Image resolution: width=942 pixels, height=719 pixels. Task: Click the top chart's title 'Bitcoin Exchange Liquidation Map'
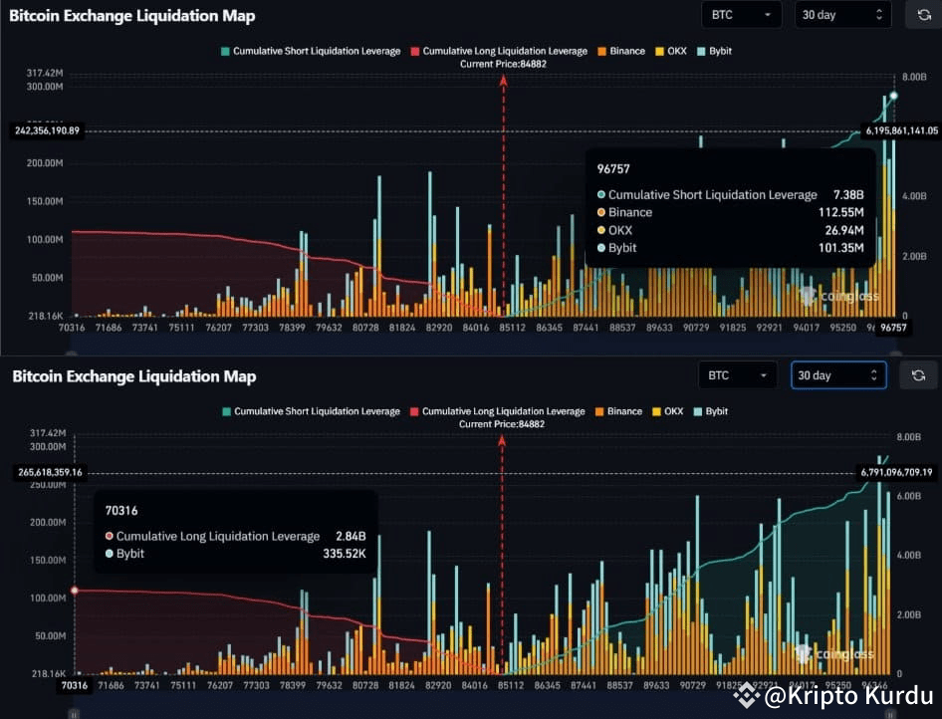[x=131, y=16]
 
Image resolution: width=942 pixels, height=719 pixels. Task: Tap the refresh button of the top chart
[x=919, y=15]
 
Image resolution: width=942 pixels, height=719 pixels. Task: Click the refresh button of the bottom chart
[x=918, y=375]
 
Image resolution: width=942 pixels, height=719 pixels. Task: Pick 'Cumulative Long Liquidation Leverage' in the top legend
[x=505, y=51]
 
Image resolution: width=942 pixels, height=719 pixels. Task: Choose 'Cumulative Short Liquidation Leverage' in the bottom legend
[x=311, y=411]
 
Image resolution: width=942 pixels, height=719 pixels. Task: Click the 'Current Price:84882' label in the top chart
[x=503, y=64]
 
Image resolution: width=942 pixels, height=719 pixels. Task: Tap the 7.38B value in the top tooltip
[x=844, y=195]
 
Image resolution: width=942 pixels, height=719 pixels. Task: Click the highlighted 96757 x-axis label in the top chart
[x=891, y=327]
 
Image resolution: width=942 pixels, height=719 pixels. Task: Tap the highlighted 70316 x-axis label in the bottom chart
[x=75, y=685]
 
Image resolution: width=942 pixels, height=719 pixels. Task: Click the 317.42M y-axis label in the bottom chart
[x=47, y=433]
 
